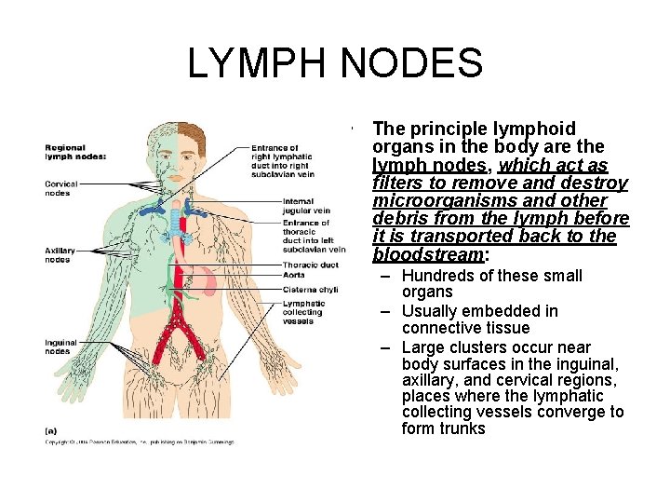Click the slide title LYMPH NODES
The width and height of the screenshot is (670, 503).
[335, 63]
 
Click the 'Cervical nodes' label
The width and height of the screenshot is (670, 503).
[60, 188]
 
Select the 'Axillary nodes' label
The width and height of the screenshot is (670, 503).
[59, 254]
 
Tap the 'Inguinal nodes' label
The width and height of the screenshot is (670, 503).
[60, 347]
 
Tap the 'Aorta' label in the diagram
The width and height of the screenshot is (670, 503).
[294, 276]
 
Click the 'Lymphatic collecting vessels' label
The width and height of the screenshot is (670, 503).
[304, 311]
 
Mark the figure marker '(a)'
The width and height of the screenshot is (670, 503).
[51, 430]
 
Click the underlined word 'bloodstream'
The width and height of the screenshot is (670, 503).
[428, 254]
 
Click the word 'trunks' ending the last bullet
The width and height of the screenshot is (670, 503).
[463, 428]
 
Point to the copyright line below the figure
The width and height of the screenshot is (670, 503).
[140, 442]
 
